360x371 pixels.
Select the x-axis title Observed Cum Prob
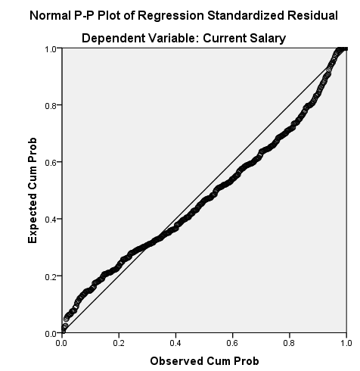pyautogui.click(x=204, y=360)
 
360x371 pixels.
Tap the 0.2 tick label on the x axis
pyautogui.click(x=119, y=343)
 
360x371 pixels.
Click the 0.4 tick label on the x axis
pyautogui.click(x=175, y=343)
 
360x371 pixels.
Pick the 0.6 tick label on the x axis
pyautogui.click(x=232, y=343)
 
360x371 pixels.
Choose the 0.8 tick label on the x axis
pyautogui.click(x=289, y=343)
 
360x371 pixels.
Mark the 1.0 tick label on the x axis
pyautogui.click(x=346, y=343)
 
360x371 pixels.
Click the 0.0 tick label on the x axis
pyautogui.click(x=62, y=343)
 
